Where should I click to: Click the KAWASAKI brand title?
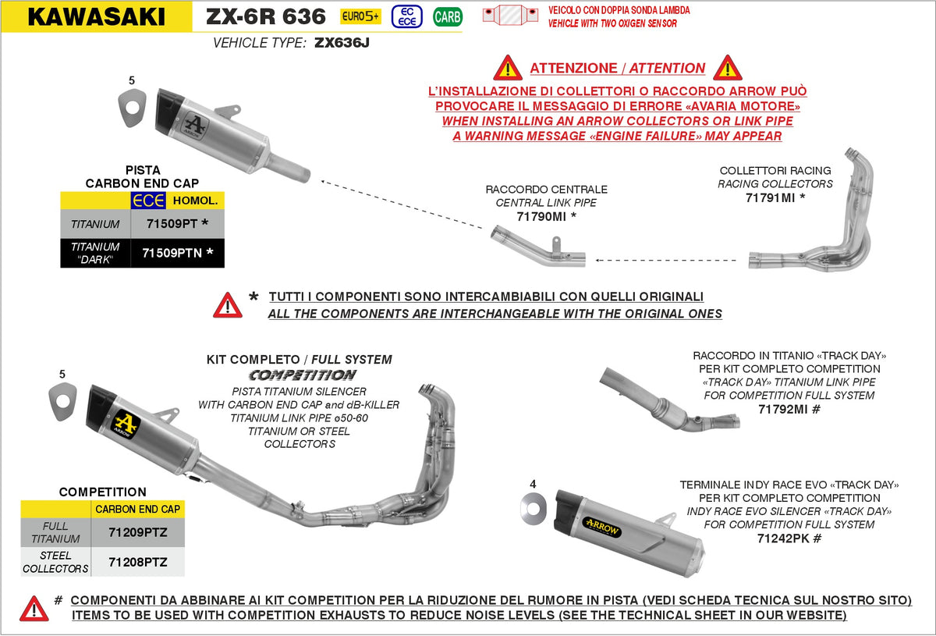tap(96, 16)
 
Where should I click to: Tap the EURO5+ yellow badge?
tap(360, 16)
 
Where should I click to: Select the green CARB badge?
tap(447, 16)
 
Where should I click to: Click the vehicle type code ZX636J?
tap(342, 44)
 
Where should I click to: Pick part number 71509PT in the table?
tap(177, 224)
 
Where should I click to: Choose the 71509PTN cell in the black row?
tap(177, 253)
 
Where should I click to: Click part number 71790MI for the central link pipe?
tap(546, 216)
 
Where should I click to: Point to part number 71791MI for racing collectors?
tap(775, 197)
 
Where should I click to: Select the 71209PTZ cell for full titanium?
tap(136, 532)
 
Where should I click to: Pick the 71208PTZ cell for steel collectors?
tap(136, 562)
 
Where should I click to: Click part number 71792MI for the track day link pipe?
tap(789, 408)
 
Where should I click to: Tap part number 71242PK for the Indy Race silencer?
tap(789, 538)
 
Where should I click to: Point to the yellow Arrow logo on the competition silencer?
tap(126, 423)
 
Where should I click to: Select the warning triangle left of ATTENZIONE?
tap(507, 68)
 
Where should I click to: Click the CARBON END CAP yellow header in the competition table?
tap(137, 509)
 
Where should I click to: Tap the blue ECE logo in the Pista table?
tap(148, 201)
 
